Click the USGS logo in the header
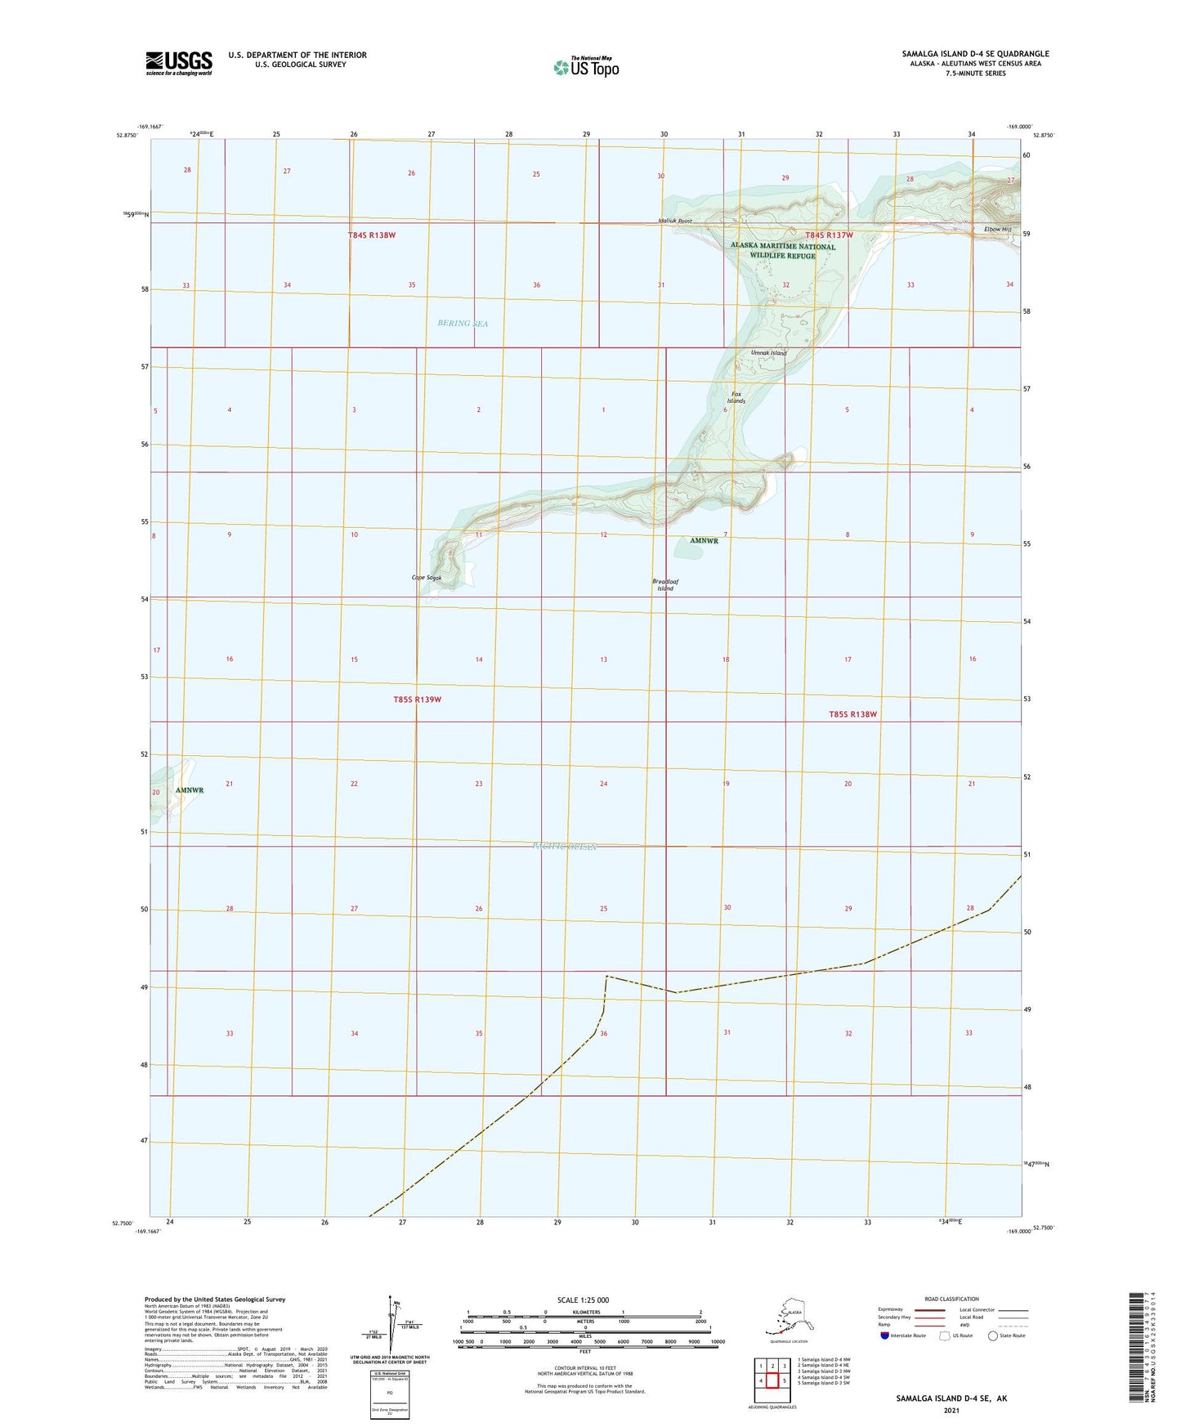178,63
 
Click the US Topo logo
585,66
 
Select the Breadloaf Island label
665,584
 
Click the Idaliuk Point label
675,221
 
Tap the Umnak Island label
768,353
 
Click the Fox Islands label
736,397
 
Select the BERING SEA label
463,324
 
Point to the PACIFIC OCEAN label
564,847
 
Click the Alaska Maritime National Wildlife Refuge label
783,250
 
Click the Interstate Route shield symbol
885,1335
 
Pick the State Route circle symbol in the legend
992,1335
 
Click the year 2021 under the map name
951,1410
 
